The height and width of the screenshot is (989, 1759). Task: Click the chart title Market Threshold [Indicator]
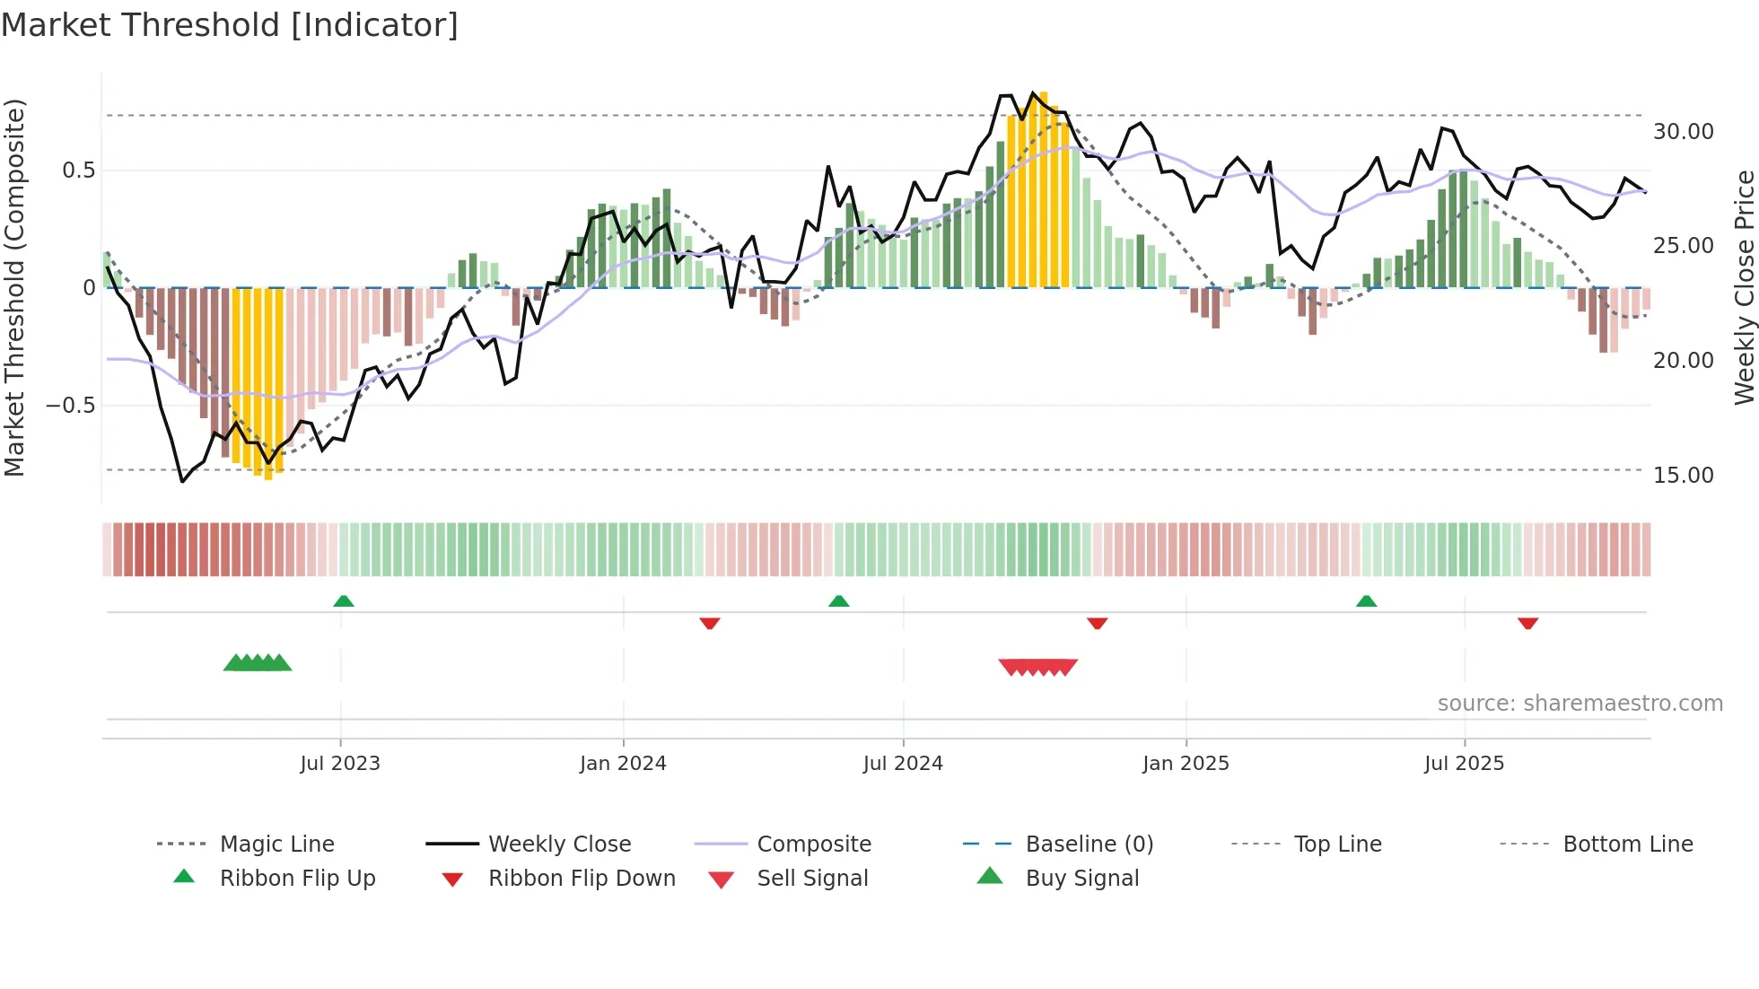(230, 25)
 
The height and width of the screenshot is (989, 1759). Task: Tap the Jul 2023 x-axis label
(340, 764)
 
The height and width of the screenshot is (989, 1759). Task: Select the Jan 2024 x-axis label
(623, 764)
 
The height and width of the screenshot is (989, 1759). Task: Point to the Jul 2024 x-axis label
(903, 764)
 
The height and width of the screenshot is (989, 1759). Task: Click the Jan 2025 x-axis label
(1186, 764)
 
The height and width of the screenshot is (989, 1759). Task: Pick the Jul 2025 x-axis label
(1464, 764)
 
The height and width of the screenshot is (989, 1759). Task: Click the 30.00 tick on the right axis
(1683, 132)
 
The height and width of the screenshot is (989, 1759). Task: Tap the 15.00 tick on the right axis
(1683, 476)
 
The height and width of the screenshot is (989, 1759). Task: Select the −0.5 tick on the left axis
(70, 406)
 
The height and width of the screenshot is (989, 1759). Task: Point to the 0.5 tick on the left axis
(78, 171)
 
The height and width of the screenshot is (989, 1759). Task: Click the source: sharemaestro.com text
(1580, 704)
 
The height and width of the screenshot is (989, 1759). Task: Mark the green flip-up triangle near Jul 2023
(344, 601)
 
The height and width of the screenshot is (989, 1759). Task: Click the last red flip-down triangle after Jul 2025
(1527, 623)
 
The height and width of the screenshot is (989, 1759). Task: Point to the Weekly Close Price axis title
(1744, 287)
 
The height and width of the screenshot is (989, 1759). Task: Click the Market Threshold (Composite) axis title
(14, 287)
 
